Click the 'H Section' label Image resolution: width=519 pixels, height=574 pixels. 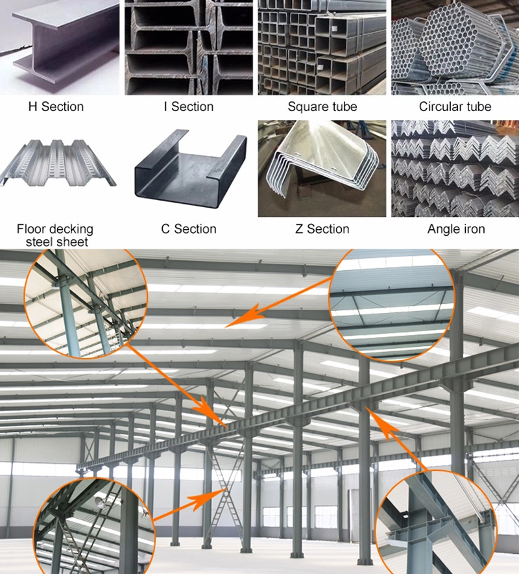[x=56, y=106]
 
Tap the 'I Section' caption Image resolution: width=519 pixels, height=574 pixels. [x=189, y=106]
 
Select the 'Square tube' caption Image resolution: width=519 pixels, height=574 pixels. [x=322, y=106]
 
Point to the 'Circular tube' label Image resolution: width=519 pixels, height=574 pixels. [x=455, y=106]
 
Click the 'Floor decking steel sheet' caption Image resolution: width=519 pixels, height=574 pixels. [x=55, y=235]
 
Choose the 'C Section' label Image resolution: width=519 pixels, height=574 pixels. [x=189, y=229]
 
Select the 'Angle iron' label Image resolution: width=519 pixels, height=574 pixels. [x=456, y=229]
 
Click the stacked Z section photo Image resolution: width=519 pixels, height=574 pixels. [x=322, y=168]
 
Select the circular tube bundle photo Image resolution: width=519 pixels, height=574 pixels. [x=455, y=47]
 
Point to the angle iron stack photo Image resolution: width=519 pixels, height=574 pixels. [x=455, y=168]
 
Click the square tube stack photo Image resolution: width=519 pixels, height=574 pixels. [x=322, y=47]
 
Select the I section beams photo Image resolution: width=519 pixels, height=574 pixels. [x=189, y=47]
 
